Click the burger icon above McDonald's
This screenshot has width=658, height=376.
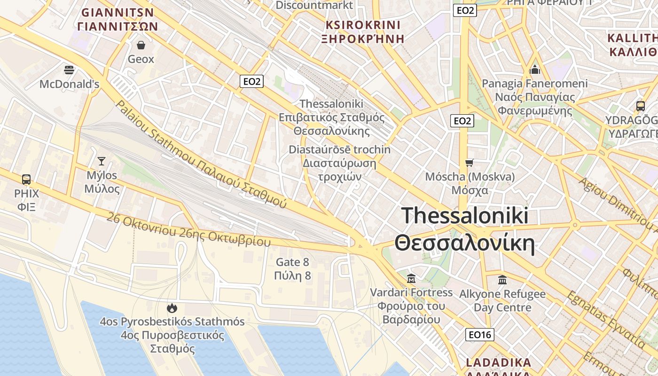(69, 70)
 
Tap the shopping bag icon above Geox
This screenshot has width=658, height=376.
(141, 45)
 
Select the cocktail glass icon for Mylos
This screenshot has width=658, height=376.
(101, 161)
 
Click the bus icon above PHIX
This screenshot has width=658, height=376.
(26, 180)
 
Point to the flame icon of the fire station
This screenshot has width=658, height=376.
(172, 308)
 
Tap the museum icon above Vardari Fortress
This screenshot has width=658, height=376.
(411, 278)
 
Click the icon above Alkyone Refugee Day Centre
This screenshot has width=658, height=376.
(502, 280)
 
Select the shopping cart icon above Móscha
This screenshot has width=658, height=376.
(469, 163)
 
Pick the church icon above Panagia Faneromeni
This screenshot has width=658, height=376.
(535, 70)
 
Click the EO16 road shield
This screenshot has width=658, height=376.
(480, 335)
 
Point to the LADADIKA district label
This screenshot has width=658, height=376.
(498, 363)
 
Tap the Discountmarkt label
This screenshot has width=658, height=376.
(314, 5)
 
